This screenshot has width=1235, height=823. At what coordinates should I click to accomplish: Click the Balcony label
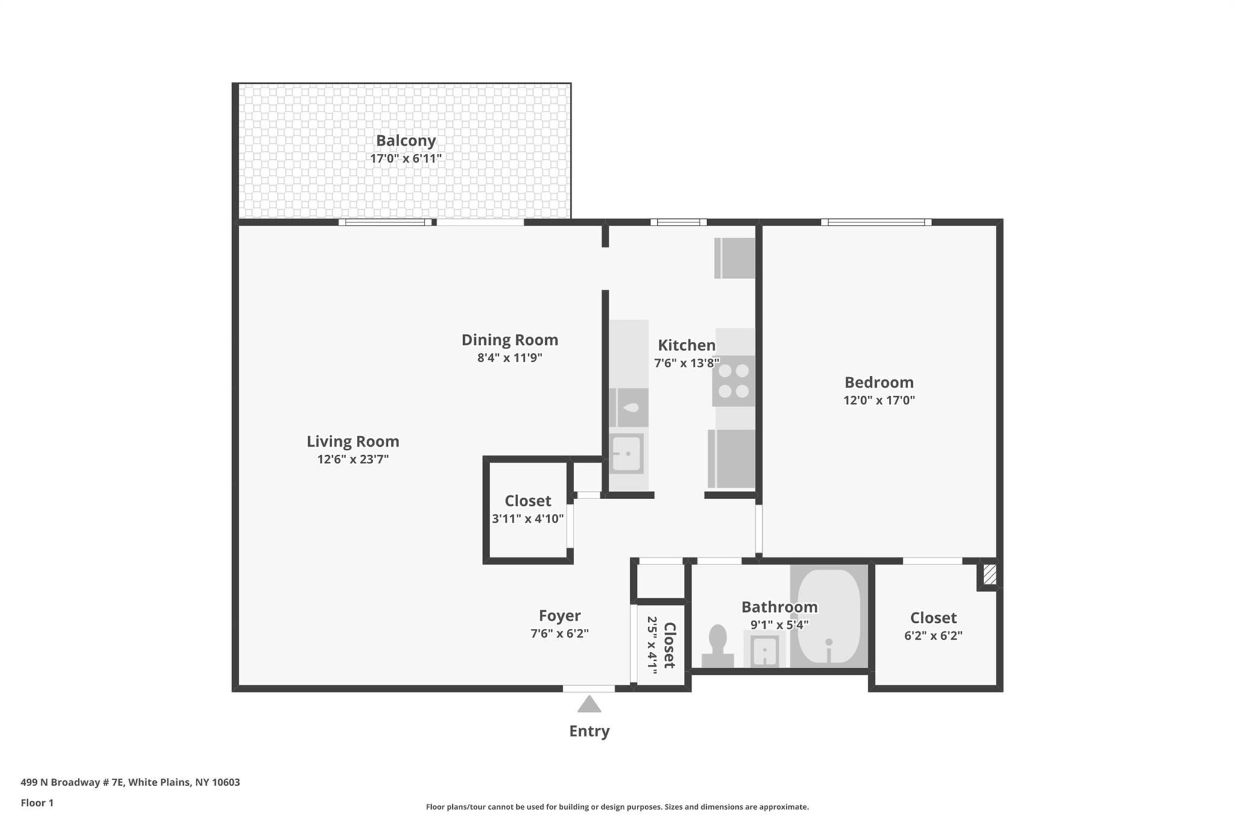[406, 140]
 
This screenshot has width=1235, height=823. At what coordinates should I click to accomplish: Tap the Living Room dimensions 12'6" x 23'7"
[353, 459]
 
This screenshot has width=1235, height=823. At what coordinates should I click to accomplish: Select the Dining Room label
[510, 340]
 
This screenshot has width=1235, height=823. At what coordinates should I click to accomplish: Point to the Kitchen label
[686, 345]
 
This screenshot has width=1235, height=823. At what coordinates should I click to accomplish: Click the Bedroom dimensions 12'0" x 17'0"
[879, 400]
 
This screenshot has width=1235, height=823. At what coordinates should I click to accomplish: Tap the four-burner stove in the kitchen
[734, 381]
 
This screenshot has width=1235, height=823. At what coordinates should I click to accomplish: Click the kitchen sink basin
[627, 453]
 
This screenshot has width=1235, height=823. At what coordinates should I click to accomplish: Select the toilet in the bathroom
[718, 646]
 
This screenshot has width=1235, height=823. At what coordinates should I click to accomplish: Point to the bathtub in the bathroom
[829, 616]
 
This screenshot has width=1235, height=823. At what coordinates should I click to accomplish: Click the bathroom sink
[765, 650]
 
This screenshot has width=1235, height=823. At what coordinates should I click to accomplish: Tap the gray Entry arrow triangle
[589, 704]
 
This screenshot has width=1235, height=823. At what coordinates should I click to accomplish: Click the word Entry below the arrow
[589, 731]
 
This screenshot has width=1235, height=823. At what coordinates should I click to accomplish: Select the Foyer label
[560, 616]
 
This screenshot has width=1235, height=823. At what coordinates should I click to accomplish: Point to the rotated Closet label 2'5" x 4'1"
[660, 645]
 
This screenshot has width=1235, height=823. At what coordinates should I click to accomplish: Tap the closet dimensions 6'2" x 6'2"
[933, 636]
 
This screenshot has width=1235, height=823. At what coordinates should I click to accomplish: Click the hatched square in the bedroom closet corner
[990, 574]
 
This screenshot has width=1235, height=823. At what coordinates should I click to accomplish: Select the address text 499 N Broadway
[72, 783]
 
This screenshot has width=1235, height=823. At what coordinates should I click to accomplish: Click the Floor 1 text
[37, 803]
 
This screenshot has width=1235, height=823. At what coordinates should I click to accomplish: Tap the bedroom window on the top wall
[876, 222]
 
